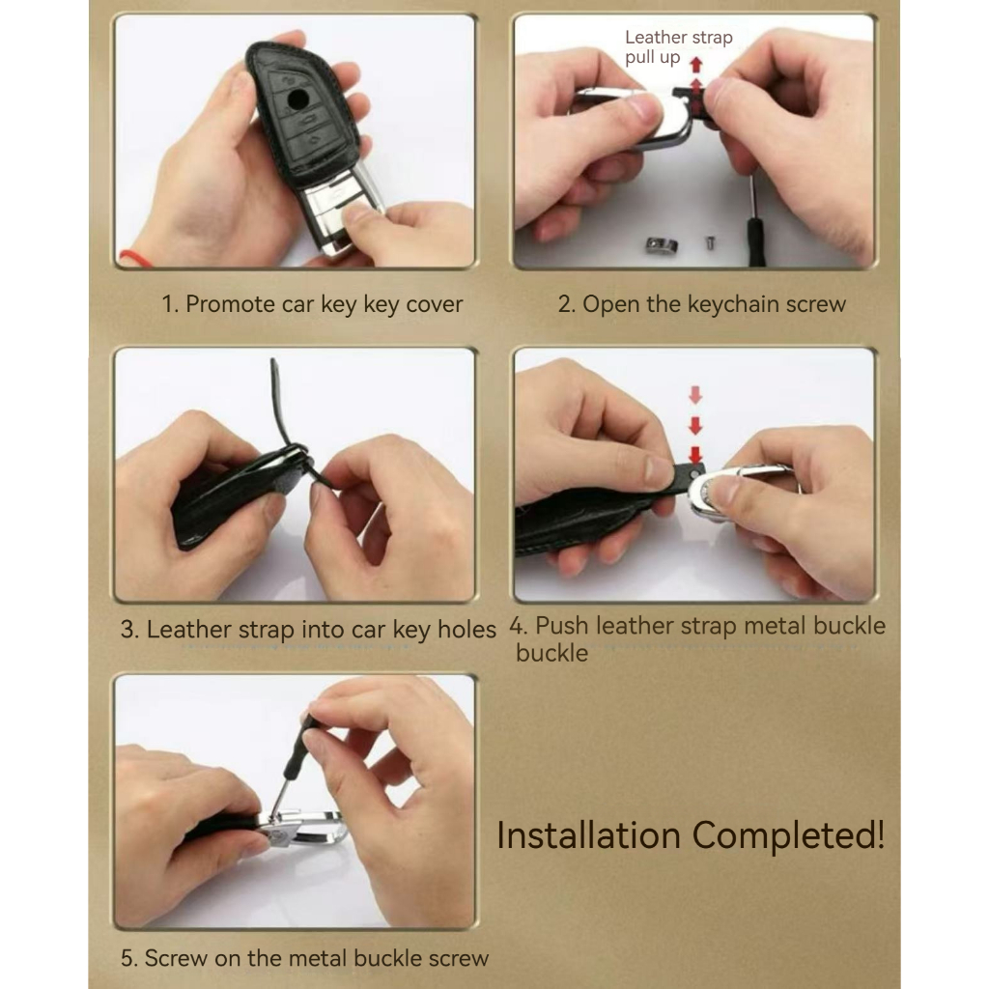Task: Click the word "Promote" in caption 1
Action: tap(230, 304)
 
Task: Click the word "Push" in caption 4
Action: tap(562, 626)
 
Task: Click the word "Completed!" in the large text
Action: tap(788, 836)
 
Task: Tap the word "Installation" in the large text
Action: tap(588, 835)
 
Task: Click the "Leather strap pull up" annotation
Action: tap(678, 47)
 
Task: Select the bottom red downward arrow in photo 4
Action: tap(695, 454)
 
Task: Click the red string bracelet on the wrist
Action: tap(133, 258)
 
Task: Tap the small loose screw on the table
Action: tap(710, 241)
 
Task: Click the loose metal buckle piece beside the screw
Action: tap(661, 245)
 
